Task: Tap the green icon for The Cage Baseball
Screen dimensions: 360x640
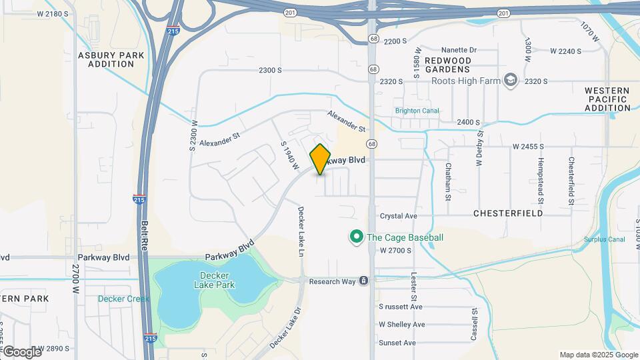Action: point(357,237)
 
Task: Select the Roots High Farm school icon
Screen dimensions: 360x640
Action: point(511,81)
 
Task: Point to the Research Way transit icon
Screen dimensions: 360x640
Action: point(363,281)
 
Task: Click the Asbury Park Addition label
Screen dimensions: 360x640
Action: point(107,59)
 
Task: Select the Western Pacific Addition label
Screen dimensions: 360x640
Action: point(607,99)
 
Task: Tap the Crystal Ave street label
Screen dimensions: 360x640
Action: point(398,216)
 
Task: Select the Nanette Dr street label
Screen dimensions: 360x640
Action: point(459,50)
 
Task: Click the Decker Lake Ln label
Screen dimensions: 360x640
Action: point(301,231)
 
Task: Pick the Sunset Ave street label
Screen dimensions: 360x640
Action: point(397,343)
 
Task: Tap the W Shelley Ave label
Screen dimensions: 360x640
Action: point(402,325)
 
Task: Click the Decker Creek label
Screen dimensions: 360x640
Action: point(123,299)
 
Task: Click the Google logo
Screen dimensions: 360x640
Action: point(21,351)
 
